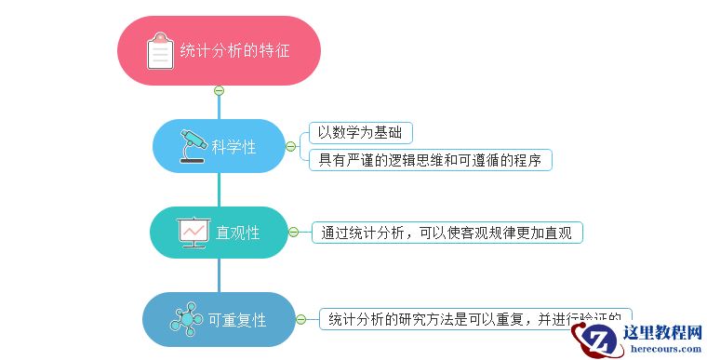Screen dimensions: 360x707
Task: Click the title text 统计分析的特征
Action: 234,50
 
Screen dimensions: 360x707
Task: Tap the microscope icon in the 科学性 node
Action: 193,145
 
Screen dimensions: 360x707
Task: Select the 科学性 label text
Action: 233,146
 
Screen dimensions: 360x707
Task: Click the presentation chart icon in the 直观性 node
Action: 193,232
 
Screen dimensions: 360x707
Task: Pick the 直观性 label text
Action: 237,233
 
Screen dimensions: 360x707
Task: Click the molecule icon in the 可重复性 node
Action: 186,320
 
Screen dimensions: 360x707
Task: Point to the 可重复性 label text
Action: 237,320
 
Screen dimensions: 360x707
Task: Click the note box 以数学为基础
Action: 361,132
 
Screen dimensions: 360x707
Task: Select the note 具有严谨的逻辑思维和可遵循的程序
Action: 430,160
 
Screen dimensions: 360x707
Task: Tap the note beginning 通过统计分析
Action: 447,233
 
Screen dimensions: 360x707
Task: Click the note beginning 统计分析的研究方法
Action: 474,319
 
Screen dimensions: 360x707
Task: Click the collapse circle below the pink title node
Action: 219,90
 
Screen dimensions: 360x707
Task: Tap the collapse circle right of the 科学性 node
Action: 290,146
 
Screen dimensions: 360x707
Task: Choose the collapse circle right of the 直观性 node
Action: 294,233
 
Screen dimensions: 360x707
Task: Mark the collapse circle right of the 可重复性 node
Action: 300,320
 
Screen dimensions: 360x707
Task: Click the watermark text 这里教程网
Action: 661,333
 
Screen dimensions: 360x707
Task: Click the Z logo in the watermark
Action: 599,341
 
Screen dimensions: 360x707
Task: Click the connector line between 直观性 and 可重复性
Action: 219,275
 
